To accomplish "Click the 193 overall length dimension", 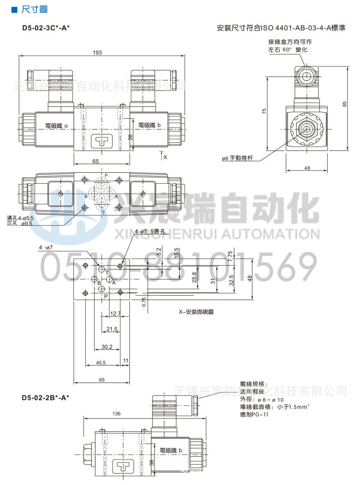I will pyautogui.click(x=97, y=52).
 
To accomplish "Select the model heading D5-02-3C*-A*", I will pyautogui.click(x=46, y=27).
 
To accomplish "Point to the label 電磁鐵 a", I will pyautogui.click(x=56, y=126).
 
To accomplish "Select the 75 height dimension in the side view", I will pyautogui.click(x=264, y=111).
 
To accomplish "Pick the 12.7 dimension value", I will pyautogui.click(x=115, y=314).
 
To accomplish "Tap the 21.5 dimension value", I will pyautogui.click(x=112, y=329).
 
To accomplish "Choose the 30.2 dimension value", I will pyautogui.click(x=107, y=346).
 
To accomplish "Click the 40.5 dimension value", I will pyautogui.click(x=101, y=363).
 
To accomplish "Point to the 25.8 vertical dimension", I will pyautogui.click(x=194, y=277).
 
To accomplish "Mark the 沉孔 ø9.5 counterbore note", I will pyautogui.click(x=20, y=224).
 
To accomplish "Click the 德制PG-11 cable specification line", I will pyautogui.click(x=254, y=414).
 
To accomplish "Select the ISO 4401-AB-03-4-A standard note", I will pyautogui.click(x=281, y=28).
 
